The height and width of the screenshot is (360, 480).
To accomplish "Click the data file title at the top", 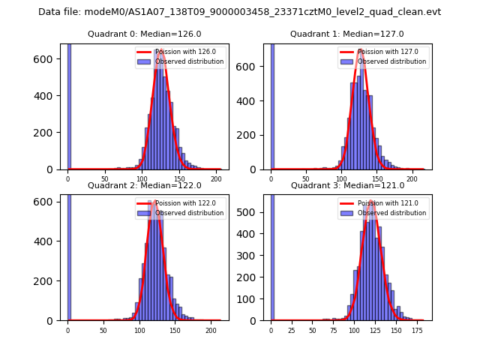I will pos(239,12).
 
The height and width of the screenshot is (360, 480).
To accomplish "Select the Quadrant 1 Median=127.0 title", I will pos(347,34).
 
